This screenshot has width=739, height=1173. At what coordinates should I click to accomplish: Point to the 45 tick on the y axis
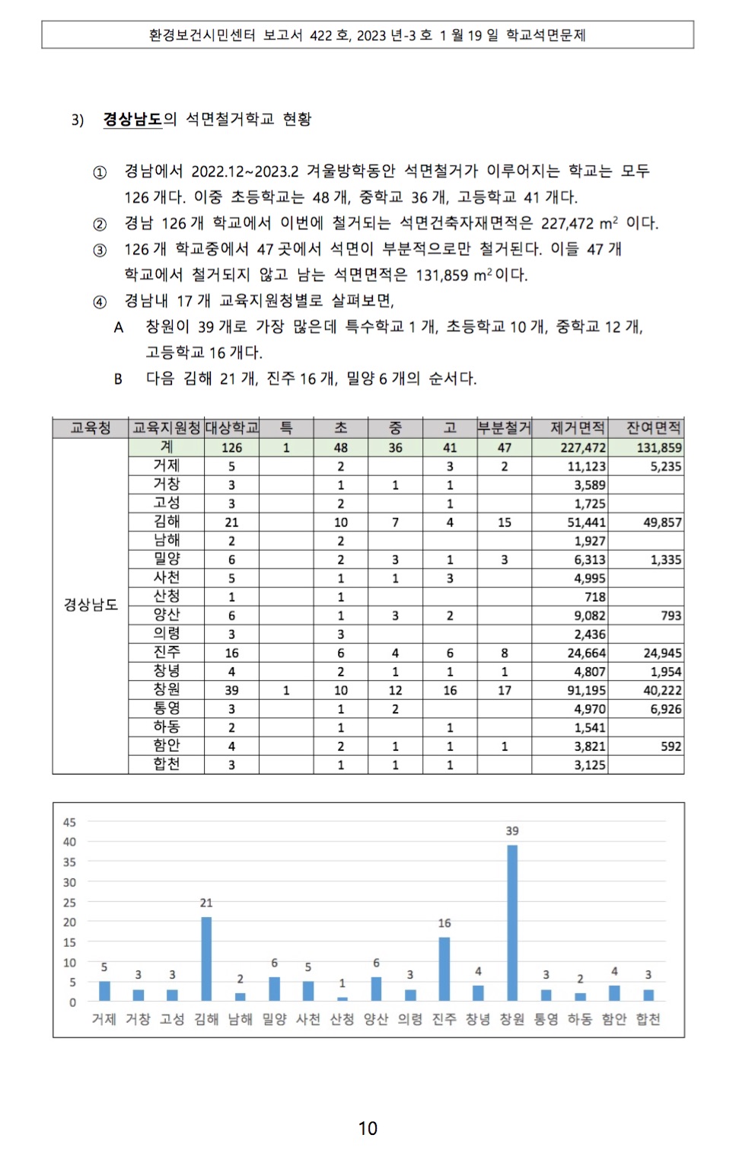pyautogui.click(x=69, y=823)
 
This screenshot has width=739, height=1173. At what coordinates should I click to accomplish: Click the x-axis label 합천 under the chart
pyautogui.click(x=648, y=1019)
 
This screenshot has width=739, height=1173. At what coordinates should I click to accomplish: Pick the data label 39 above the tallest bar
pyautogui.click(x=512, y=831)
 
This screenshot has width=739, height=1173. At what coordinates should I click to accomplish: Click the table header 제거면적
pyautogui.click(x=578, y=428)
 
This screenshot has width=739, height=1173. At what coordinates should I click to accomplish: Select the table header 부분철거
pyautogui.click(x=504, y=428)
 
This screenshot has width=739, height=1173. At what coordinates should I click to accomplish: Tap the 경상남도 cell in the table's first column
pyautogui.click(x=91, y=605)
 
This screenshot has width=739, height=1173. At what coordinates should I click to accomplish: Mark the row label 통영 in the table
pyautogui.click(x=167, y=708)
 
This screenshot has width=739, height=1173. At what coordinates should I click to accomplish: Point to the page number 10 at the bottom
pyautogui.click(x=368, y=1128)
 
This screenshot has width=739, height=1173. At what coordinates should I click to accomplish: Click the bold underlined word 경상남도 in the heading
pyautogui.click(x=132, y=120)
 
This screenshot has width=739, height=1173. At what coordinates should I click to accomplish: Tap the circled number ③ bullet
pyautogui.click(x=100, y=250)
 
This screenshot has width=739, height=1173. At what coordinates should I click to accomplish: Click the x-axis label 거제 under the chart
pyautogui.click(x=104, y=1019)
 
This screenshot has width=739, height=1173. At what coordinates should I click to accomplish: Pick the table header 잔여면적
pyautogui.click(x=653, y=428)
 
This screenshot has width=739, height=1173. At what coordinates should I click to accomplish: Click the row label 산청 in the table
pyautogui.click(x=167, y=596)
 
